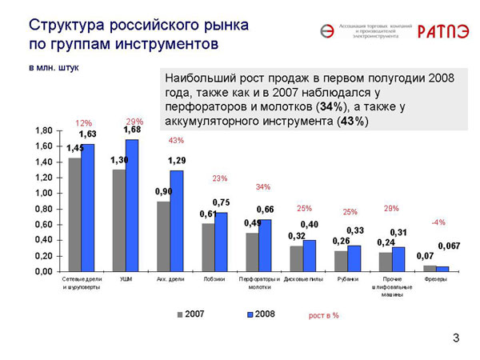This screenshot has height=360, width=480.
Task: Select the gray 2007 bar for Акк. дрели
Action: (163, 236)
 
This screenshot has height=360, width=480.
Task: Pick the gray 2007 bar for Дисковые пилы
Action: (296, 258)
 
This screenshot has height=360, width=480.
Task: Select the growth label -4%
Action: (438, 222)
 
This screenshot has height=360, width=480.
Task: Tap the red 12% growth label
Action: (83, 123)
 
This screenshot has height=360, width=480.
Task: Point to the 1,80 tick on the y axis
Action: (43, 130)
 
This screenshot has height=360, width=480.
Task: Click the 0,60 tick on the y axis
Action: (43, 224)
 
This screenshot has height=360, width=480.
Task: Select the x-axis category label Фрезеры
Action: (436, 280)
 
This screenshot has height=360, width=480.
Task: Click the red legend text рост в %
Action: (323, 315)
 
